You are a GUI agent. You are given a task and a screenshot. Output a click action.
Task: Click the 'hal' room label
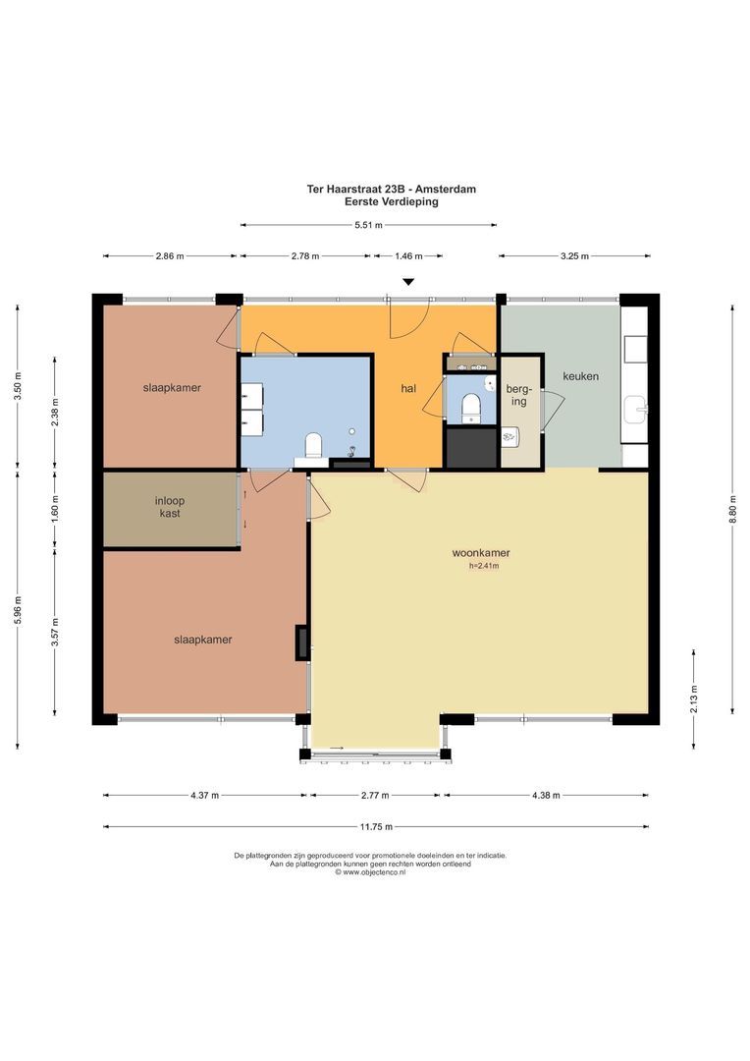click(x=408, y=389)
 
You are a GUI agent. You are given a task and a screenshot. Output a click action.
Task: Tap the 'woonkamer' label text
click(x=482, y=552)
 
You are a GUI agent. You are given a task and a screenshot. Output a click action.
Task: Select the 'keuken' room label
click(x=580, y=376)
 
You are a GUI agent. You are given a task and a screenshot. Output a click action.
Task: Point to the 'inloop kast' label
click(x=169, y=507)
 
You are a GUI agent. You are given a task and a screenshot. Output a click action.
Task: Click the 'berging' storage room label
click(x=517, y=395)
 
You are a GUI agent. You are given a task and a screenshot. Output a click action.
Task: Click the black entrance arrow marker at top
click(x=409, y=283)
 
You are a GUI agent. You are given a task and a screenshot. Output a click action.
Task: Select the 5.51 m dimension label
click(x=369, y=225)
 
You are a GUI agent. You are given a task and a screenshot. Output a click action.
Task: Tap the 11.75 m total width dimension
click(x=375, y=826)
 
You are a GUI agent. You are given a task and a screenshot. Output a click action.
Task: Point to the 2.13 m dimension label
click(x=694, y=697)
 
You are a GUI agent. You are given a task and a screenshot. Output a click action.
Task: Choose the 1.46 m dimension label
click(x=408, y=256)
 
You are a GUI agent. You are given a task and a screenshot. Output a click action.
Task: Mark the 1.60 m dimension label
click(x=56, y=511)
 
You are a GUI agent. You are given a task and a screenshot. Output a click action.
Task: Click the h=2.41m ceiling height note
click(x=483, y=566)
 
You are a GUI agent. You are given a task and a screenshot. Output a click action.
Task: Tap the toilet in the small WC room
click(x=470, y=405)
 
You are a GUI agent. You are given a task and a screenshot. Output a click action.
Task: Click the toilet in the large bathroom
click(x=314, y=446)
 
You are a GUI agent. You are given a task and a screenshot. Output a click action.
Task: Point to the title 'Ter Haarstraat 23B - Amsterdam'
click(x=391, y=189)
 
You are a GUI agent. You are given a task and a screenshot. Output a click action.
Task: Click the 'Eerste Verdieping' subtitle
click(x=391, y=201)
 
